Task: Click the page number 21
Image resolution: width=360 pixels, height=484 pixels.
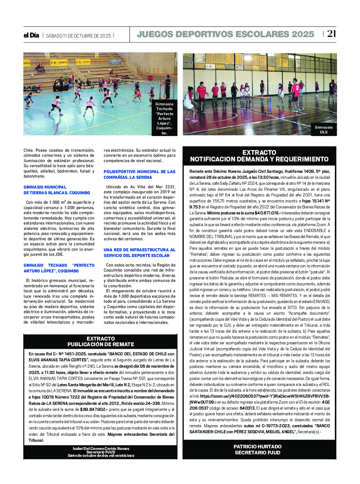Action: click(331, 33)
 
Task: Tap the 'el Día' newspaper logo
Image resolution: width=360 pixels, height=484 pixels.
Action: click(31, 35)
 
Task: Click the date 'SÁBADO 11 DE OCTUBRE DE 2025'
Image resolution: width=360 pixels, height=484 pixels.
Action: click(78, 36)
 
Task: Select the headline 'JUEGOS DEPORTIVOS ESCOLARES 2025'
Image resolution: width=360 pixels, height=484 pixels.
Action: click(225, 34)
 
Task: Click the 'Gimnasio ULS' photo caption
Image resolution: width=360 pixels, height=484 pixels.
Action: click(323, 130)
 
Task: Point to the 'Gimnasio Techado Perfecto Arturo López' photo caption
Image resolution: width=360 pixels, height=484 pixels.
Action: click(164, 118)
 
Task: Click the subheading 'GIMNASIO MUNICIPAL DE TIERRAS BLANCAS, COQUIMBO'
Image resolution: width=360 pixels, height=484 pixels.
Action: click(57, 190)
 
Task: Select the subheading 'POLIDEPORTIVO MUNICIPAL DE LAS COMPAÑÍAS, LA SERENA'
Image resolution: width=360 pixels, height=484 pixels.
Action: click(139, 174)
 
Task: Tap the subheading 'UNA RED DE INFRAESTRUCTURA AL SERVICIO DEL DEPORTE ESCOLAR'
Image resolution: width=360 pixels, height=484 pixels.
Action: click(139, 253)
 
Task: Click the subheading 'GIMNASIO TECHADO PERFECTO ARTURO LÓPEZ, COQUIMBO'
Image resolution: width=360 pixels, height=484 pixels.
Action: click(59, 268)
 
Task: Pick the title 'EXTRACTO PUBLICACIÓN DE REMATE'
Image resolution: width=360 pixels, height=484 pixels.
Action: click(101, 341)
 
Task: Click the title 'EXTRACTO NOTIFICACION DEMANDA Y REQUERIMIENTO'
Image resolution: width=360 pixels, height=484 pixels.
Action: click(259, 156)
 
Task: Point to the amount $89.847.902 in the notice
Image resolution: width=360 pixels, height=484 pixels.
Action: click(94, 409)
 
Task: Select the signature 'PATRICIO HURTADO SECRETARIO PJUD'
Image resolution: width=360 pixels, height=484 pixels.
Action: click(257, 449)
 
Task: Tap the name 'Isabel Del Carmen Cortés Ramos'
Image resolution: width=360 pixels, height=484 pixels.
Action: click(101, 448)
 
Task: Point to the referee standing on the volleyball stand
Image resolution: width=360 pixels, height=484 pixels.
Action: click(167, 86)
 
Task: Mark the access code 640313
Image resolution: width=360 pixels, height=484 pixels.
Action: click(247, 408)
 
